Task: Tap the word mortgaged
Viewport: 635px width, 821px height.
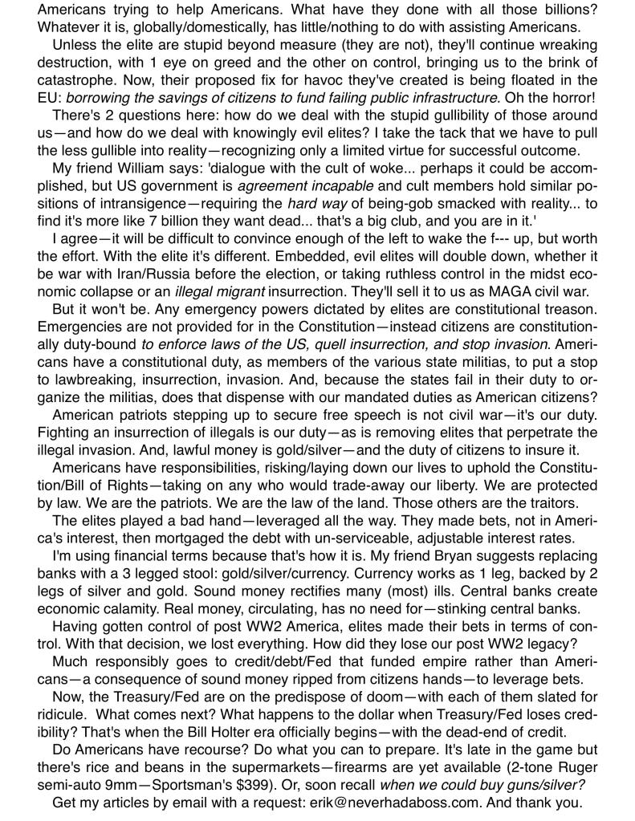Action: tap(203, 539)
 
